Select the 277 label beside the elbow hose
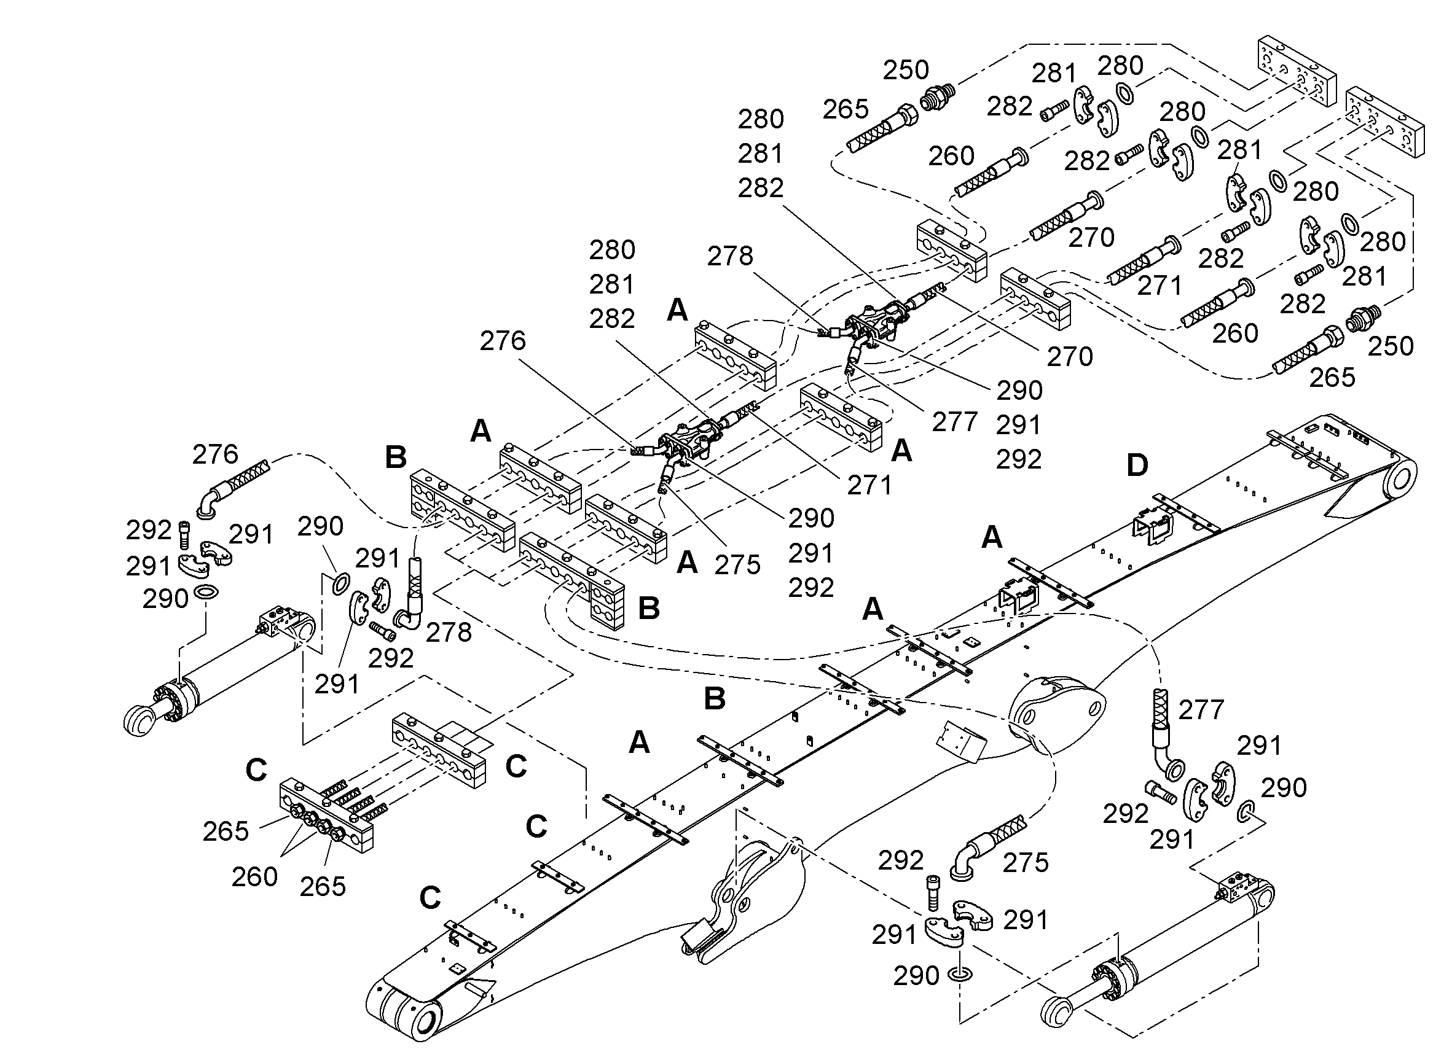[x=1201, y=710]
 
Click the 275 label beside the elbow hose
[x=1026, y=863]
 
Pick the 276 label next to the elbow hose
[x=215, y=455]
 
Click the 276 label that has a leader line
[x=503, y=341]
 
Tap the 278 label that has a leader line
[x=730, y=257]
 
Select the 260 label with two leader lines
[x=255, y=877]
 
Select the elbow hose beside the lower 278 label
[x=410, y=595]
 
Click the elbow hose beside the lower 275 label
[x=986, y=844]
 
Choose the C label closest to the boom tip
[x=430, y=898]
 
